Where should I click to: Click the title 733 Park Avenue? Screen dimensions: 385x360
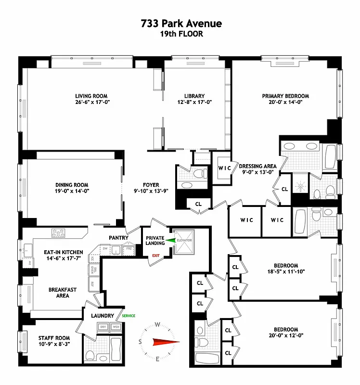[x=181, y=24]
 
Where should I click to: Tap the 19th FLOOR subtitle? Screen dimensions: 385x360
[x=181, y=34]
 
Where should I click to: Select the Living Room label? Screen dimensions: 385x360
[x=91, y=96]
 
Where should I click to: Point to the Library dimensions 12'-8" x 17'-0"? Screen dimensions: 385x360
[x=194, y=102]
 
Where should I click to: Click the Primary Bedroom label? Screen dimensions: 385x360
[x=285, y=96]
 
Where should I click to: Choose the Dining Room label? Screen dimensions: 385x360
[x=72, y=185]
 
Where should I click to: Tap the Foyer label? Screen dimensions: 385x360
[x=150, y=185]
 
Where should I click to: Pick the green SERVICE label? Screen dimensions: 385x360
[x=129, y=316]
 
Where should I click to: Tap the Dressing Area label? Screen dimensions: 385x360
[x=258, y=166]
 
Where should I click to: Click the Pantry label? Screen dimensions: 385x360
[x=118, y=237]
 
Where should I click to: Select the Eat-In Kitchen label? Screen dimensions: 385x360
[x=64, y=252]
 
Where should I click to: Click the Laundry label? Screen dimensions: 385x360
[x=103, y=316]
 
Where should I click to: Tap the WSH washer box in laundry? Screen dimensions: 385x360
[x=116, y=327]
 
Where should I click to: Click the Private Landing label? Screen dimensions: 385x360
[x=155, y=240]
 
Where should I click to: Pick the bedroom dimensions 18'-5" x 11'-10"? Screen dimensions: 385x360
[x=286, y=271]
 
